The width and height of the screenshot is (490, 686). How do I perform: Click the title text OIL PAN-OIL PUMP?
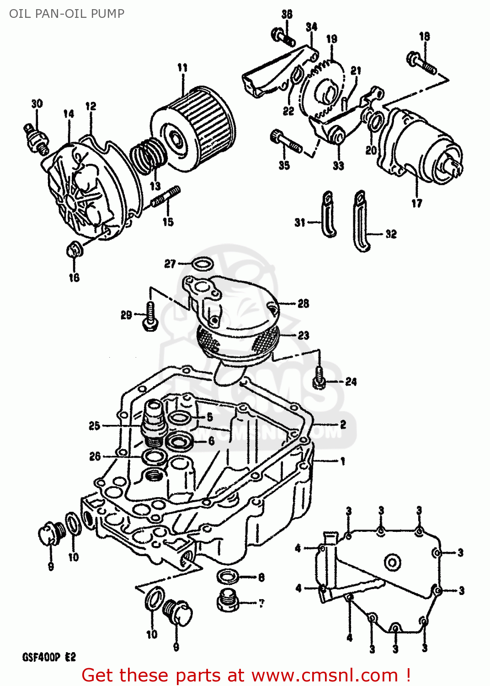(67, 13)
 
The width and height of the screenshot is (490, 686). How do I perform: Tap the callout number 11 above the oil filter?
(182, 68)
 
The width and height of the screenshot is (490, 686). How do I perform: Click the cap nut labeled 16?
(74, 250)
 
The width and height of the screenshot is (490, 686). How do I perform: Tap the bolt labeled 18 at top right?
(421, 63)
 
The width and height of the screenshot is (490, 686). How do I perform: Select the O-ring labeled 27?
(202, 264)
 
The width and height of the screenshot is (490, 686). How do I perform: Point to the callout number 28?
(303, 304)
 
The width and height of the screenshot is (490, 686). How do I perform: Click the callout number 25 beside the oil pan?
(94, 426)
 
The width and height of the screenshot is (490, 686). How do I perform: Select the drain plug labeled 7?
(227, 601)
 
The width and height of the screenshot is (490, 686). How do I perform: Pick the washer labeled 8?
(227, 577)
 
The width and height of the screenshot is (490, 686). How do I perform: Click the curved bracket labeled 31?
(329, 214)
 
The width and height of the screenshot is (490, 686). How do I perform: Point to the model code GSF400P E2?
(49, 657)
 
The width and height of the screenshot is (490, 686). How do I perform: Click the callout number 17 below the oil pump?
(416, 204)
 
